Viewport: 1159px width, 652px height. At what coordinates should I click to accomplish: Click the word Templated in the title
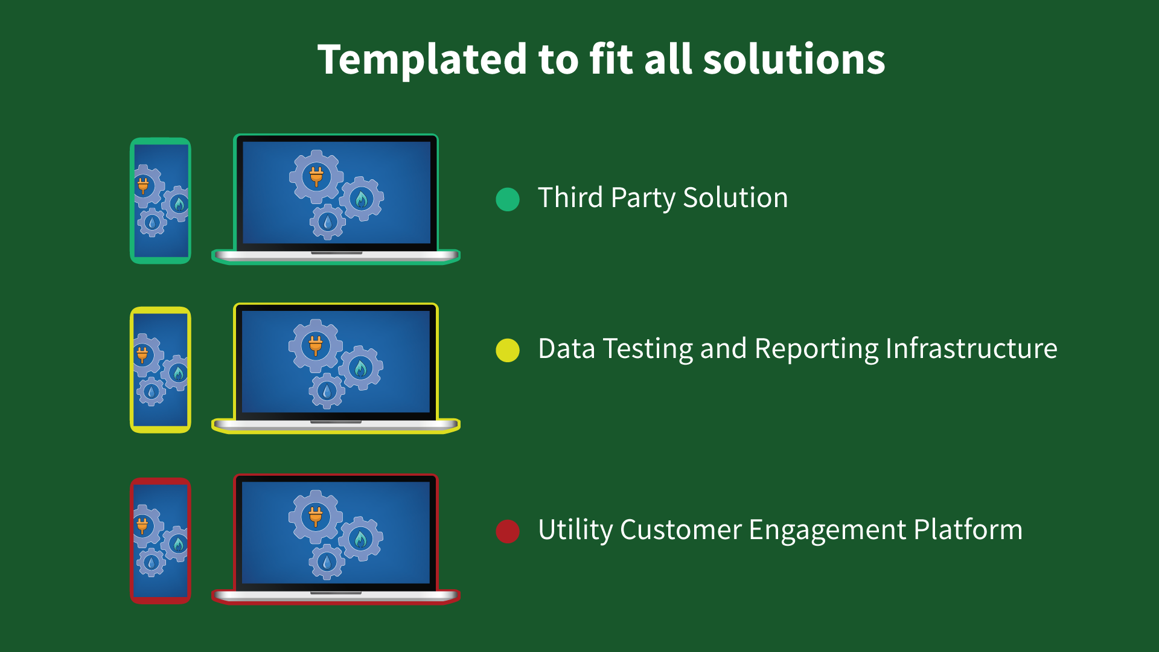tap(423, 60)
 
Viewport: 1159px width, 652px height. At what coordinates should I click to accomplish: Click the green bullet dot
tap(508, 199)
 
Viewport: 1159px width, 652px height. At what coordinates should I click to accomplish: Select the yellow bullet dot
tap(508, 350)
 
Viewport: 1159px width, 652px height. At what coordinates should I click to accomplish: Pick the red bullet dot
tap(508, 531)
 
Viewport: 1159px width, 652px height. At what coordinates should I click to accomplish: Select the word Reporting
tap(816, 349)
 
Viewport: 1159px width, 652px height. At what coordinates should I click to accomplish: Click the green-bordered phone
tap(161, 200)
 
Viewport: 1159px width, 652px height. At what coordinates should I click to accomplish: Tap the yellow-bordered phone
tap(161, 369)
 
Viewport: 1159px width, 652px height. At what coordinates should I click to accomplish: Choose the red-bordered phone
tap(161, 540)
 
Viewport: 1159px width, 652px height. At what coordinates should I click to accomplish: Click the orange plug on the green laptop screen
tap(316, 176)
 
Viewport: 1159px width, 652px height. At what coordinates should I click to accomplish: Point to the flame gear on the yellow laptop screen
tap(360, 367)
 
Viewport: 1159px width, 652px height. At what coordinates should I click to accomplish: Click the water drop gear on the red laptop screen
tap(327, 562)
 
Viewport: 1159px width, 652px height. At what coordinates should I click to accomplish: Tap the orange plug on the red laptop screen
tap(316, 516)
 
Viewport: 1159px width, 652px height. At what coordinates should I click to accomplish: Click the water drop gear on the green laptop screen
tap(328, 222)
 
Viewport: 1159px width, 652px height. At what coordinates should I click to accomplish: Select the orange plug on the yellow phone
tap(142, 354)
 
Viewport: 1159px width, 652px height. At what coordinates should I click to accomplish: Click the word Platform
tap(968, 530)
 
